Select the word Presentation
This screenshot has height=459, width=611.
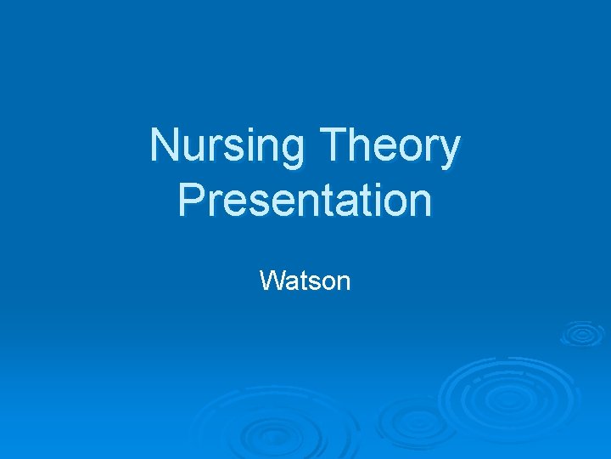305,201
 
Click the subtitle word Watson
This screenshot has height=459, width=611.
305,280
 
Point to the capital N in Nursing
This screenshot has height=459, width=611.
164,145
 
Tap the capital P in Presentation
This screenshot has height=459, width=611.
190,201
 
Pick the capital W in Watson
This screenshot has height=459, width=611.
271,280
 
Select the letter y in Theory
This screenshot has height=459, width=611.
450,153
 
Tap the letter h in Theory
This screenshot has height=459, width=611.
361,145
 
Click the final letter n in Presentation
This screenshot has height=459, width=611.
421,205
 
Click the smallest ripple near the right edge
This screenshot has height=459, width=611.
582,334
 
